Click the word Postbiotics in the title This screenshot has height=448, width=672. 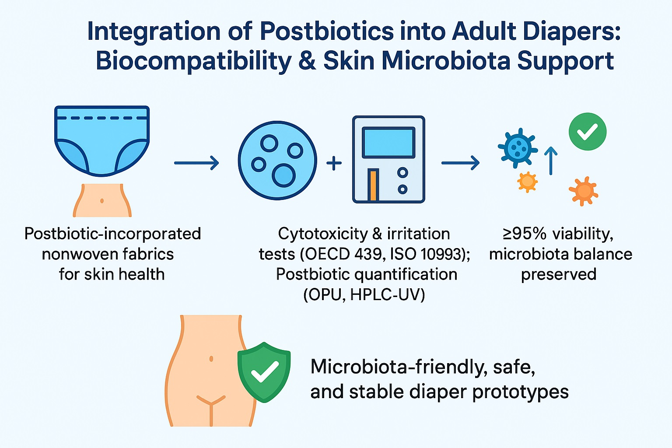click(x=327, y=31)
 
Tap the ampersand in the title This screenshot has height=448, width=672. click(x=307, y=61)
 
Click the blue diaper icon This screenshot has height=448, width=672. click(x=102, y=141)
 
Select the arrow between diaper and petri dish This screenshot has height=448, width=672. click(x=196, y=163)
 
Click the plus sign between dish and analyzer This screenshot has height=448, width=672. click(x=334, y=163)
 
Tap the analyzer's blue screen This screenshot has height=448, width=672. click(x=388, y=143)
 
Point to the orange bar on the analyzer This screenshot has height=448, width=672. click(x=373, y=185)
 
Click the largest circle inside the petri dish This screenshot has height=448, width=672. click(x=283, y=175)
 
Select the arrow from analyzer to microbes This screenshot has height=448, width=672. click(x=461, y=163)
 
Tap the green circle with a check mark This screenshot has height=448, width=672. click(x=588, y=131)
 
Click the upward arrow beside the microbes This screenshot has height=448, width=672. click(x=551, y=161)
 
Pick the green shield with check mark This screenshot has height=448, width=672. click(x=264, y=372)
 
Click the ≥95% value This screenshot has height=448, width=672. click(x=525, y=234)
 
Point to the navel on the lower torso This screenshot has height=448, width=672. click(x=211, y=359)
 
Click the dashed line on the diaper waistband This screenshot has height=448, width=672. click(x=102, y=118)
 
